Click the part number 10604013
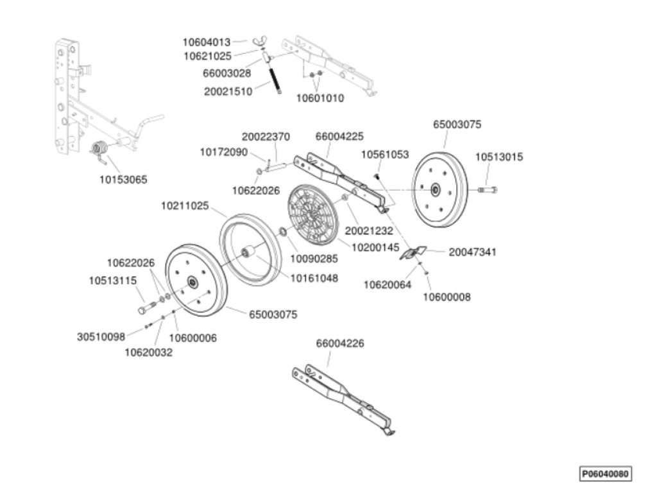[206, 42]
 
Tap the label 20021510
[227, 91]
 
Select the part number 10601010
[320, 98]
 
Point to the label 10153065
[123, 180]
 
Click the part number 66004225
[339, 136]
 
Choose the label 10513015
[499, 157]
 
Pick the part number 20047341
[472, 252]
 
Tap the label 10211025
[185, 206]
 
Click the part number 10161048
[314, 278]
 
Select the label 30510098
[101, 336]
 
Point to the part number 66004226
[339, 343]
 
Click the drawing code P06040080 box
[605, 474]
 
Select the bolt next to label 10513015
[488, 189]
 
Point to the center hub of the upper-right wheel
[436, 189]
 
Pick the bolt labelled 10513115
[146, 307]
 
